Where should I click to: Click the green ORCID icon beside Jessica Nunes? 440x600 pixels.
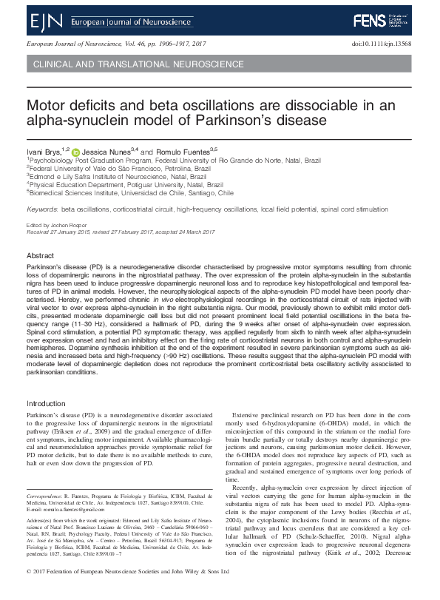75,151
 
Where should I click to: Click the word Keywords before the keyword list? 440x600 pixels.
42,210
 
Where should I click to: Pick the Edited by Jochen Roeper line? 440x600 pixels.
57,224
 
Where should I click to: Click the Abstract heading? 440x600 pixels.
40,254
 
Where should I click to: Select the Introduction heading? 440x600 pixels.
46,403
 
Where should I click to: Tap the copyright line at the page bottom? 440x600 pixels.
126,593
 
